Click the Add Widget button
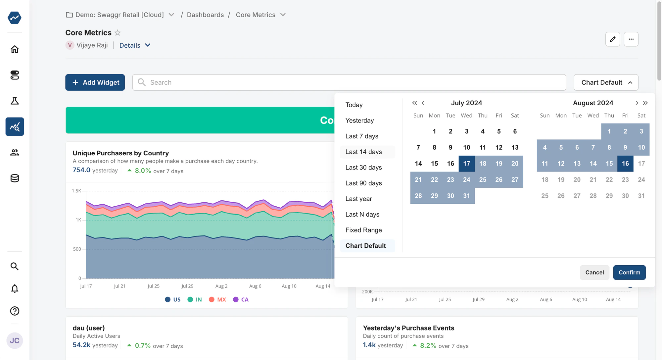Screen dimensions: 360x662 point(95,82)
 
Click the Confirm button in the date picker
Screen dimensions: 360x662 point(629,272)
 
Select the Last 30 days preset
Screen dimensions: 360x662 point(363,168)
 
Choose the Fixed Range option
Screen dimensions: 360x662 point(363,230)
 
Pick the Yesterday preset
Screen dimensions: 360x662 point(359,121)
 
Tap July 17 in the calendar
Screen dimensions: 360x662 point(466,164)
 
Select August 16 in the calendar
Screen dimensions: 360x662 point(625,164)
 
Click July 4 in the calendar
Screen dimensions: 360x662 point(483,131)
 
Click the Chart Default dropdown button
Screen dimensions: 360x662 point(606,82)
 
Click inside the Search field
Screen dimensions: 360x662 point(349,82)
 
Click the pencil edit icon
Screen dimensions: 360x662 point(613,39)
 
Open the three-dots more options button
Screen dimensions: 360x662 point(631,39)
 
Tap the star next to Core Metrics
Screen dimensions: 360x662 point(118,33)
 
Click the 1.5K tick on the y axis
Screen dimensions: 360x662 point(76,191)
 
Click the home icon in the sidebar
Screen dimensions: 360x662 point(15,49)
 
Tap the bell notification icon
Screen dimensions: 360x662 point(15,289)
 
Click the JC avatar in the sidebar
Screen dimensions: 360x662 point(15,340)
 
